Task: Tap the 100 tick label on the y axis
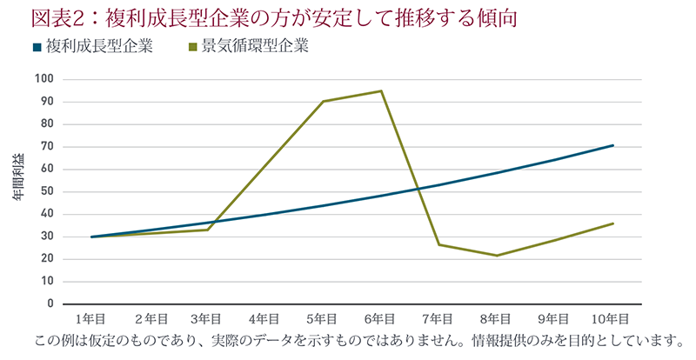(x=44, y=79)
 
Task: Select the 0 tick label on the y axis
(x=50, y=303)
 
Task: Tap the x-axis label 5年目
(x=323, y=319)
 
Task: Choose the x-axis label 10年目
(x=612, y=319)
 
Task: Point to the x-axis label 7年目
(x=438, y=319)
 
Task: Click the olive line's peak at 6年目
(x=381, y=91)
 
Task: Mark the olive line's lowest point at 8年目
(x=497, y=256)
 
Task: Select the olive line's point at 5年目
(x=323, y=102)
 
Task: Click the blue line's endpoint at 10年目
(x=613, y=145)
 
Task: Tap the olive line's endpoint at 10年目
(x=613, y=223)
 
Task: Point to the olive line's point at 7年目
(x=439, y=244)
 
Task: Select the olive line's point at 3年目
(x=207, y=230)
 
